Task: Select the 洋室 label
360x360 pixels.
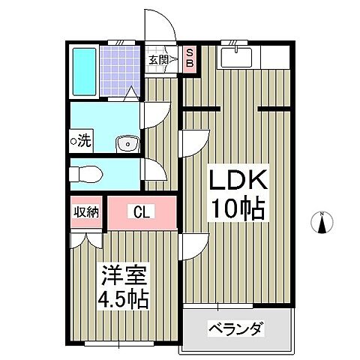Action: tap(119, 274)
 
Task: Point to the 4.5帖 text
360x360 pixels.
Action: tap(119, 298)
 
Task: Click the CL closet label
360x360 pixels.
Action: tap(142, 212)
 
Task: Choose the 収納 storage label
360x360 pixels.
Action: tap(86, 211)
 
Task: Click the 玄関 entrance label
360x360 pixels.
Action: tap(157, 60)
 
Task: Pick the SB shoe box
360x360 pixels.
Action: tap(189, 58)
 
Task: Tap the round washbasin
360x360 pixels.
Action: tap(127, 142)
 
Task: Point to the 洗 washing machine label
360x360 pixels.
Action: tap(80, 139)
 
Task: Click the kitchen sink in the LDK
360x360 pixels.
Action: tap(241, 53)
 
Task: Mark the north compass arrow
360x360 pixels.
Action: tap(322, 223)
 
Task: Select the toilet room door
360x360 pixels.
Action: tap(151, 172)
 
